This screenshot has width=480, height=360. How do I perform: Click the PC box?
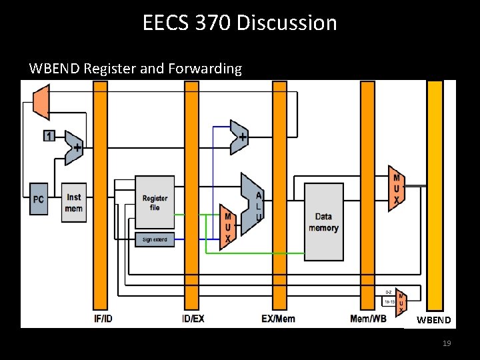pos(39,200)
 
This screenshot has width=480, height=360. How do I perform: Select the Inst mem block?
pos(74,203)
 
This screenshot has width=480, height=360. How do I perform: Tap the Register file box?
pos(155,203)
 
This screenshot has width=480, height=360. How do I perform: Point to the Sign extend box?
pos(155,239)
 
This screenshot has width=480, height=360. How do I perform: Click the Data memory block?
pos(323,222)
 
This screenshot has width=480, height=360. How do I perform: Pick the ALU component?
pos(252,204)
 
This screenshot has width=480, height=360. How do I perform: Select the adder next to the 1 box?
pos(73,147)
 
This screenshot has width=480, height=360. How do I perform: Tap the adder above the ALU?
pos(239,137)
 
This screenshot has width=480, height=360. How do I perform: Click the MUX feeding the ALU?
pos(228,227)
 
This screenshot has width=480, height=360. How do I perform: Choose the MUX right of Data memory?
pos(397,189)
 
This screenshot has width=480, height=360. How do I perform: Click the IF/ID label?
pos(103,319)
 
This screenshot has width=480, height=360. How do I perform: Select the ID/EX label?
pos(193,319)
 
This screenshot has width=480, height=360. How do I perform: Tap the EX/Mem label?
pos(278,319)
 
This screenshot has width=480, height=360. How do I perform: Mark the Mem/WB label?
pos(368,319)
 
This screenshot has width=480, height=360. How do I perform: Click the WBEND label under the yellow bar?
pos(434,320)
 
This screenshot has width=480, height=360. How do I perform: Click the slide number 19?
pos(447,343)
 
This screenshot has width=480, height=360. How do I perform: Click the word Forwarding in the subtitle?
pos(208,68)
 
